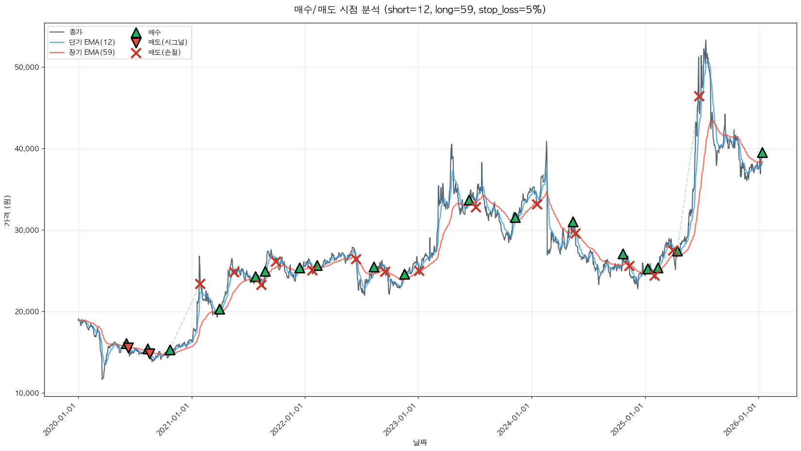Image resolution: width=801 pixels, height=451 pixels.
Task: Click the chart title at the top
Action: (420, 10)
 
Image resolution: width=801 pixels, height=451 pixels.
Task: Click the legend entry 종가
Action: (76, 32)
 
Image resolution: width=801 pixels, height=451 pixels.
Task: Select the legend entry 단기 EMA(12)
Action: (92, 42)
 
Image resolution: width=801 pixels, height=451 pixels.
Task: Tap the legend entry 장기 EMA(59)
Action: (92, 52)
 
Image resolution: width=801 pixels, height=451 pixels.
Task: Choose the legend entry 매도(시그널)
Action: (167, 42)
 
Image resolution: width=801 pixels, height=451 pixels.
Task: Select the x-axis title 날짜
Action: (420, 442)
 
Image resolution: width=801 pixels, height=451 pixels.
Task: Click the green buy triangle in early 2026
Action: (762, 153)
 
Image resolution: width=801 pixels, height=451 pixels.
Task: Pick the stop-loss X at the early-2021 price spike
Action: (200, 284)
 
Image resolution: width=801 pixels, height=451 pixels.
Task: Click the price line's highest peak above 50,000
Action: (705, 41)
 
